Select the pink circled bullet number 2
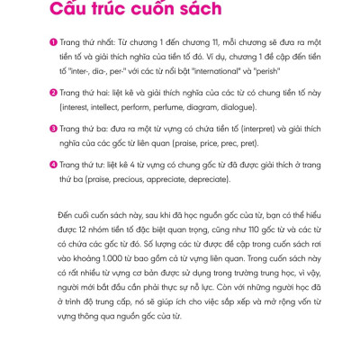54,91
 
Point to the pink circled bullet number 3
54,126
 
